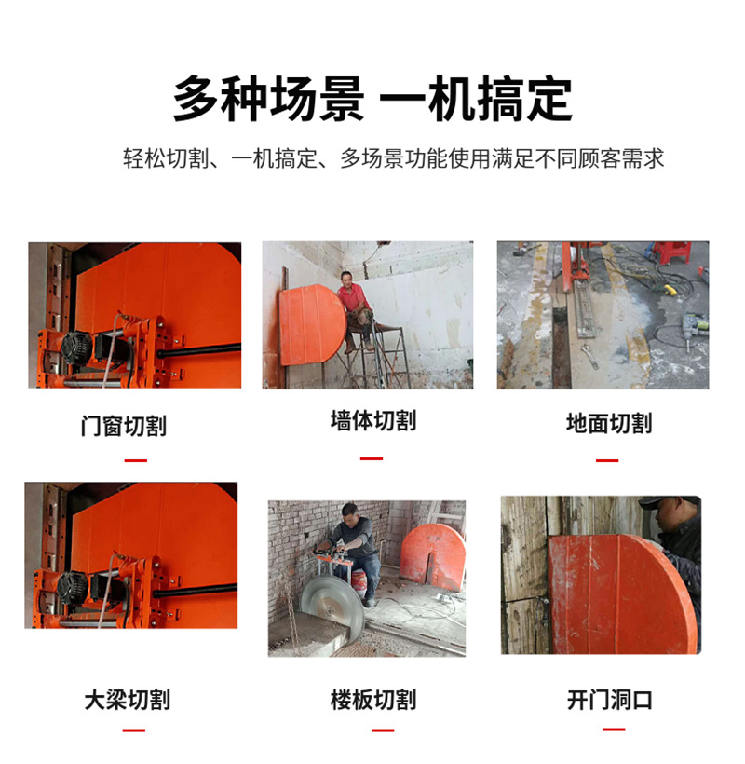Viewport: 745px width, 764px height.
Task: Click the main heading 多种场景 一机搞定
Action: click(372, 99)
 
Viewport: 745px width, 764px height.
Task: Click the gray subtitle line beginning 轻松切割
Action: click(393, 158)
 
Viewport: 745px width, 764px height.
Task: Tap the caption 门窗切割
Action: click(124, 426)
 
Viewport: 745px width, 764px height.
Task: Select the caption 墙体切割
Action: click(373, 420)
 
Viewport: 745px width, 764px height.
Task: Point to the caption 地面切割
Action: click(609, 423)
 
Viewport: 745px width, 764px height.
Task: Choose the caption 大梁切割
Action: click(128, 700)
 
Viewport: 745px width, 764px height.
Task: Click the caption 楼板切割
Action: click(373, 700)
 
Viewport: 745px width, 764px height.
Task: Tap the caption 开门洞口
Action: click(610, 700)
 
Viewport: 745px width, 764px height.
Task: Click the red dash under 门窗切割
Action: click(135, 460)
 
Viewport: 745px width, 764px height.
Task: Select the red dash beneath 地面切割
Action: click(607, 460)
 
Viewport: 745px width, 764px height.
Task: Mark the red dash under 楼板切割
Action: click(383, 730)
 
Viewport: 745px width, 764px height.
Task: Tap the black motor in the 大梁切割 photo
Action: click(73, 588)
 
